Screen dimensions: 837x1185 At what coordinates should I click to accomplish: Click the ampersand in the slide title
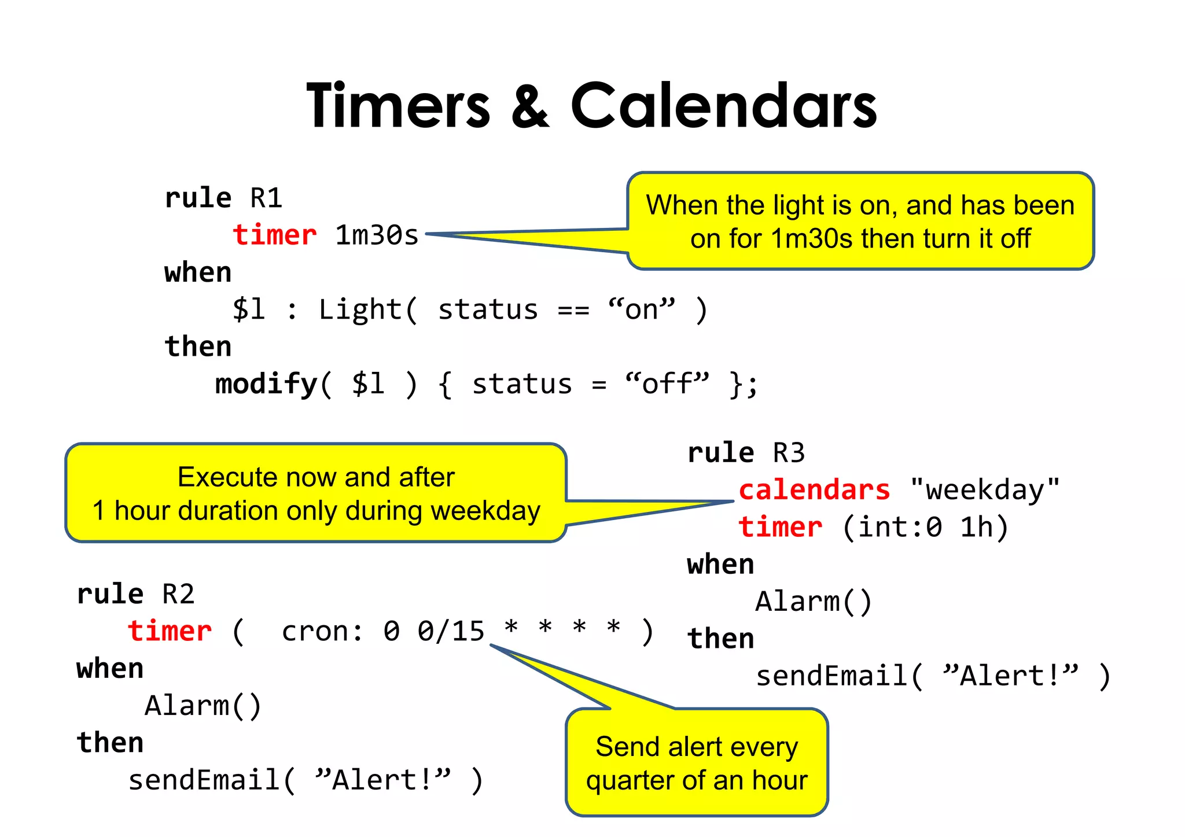(530, 105)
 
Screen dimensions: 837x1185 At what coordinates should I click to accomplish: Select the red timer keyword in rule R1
(274, 235)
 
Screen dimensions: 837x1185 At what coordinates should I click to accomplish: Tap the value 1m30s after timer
(377, 235)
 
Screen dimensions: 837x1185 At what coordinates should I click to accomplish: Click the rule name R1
(266, 198)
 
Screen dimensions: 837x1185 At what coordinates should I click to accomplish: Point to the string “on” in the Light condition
(641, 309)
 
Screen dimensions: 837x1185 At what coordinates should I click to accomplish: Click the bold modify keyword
(266, 384)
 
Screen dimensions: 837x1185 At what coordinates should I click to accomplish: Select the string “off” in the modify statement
(667, 384)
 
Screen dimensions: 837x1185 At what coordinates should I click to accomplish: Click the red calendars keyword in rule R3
(814, 490)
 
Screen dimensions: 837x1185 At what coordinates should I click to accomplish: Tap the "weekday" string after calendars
(985, 490)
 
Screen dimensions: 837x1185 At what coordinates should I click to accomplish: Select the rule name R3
(789, 453)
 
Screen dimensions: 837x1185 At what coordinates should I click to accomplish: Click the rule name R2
(178, 594)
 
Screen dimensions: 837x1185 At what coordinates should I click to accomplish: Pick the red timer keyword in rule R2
(170, 631)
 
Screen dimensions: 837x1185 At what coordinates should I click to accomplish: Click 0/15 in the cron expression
(451, 631)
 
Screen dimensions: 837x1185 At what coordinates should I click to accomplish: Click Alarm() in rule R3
(814, 602)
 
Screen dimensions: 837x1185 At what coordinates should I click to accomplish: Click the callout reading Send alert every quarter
(697, 762)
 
